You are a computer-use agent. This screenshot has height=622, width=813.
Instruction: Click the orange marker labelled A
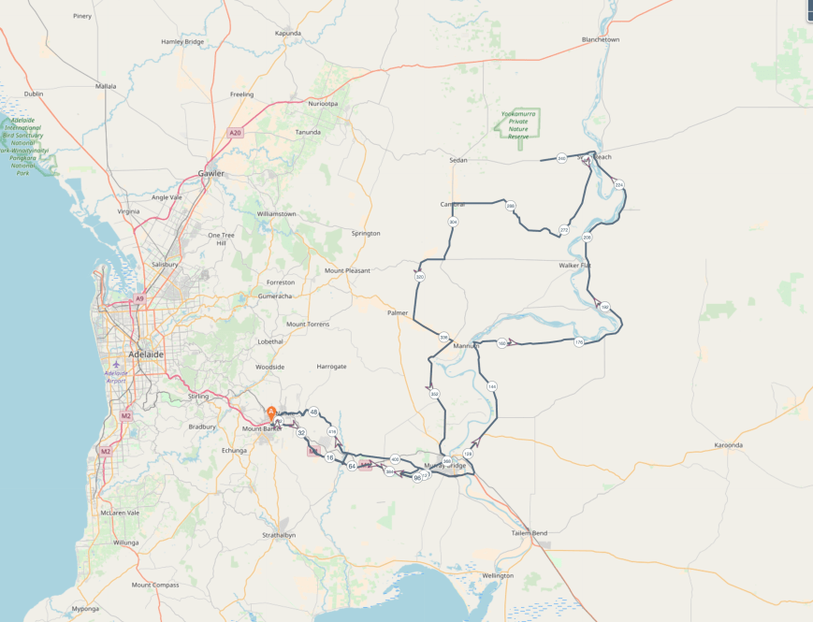pyautogui.click(x=271, y=412)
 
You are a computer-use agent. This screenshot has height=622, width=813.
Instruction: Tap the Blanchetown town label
pyautogui.click(x=601, y=40)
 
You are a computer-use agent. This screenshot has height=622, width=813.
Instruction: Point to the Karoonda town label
pyautogui.click(x=728, y=445)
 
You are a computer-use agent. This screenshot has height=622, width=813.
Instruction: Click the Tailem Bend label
pyautogui.click(x=529, y=532)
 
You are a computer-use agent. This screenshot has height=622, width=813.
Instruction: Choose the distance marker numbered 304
pyautogui.click(x=453, y=222)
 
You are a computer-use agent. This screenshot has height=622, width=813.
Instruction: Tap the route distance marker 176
pyautogui.click(x=578, y=341)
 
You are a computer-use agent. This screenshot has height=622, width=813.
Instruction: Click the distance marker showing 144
pyautogui.click(x=492, y=386)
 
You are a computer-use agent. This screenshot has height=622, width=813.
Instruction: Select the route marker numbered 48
pyautogui.click(x=314, y=412)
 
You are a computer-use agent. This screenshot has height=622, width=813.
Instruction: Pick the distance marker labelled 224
pyautogui.click(x=618, y=185)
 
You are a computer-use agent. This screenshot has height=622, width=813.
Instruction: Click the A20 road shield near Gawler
pyautogui.click(x=234, y=133)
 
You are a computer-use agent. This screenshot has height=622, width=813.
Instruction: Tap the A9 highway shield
pyautogui.click(x=139, y=298)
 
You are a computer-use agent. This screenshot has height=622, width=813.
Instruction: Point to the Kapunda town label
pyautogui.click(x=288, y=33)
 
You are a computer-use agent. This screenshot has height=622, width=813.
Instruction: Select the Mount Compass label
pyautogui.click(x=155, y=585)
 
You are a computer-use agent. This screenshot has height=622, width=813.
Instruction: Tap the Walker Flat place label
pyautogui.click(x=574, y=266)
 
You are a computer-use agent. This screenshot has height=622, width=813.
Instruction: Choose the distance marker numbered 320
pyautogui.click(x=420, y=278)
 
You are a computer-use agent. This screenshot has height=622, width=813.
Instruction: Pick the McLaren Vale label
pyautogui.click(x=120, y=513)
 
